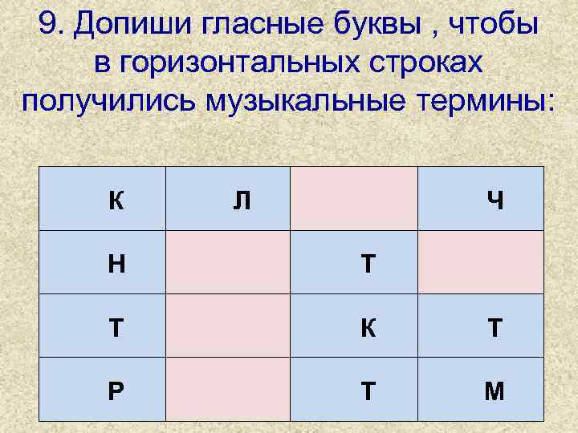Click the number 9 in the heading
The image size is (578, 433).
[x=47, y=26]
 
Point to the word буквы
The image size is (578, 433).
[x=368, y=27]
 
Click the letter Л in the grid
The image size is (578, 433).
[x=241, y=200]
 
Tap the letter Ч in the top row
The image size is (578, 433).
[x=495, y=200]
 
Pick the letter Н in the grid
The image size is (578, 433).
[x=116, y=263]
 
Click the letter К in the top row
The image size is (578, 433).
[x=116, y=200]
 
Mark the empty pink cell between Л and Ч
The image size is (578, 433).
[x=354, y=198]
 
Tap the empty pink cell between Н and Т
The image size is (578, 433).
[x=228, y=262]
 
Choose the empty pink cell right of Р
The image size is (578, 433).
[x=228, y=389]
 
